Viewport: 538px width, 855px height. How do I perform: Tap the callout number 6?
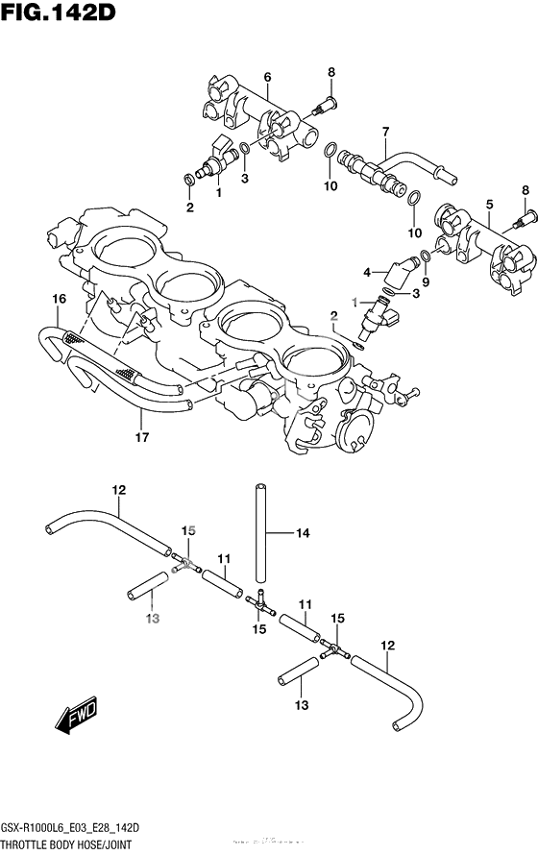coord(267,77)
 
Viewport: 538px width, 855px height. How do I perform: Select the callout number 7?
coord(384,132)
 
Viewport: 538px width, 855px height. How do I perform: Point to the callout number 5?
coord(489,204)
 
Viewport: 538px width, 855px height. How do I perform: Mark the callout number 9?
coord(427,281)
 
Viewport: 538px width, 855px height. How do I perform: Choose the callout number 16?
coord(59,300)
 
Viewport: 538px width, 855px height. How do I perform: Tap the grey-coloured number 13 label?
coord(151,620)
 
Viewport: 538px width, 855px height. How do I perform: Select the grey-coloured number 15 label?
coord(189,530)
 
